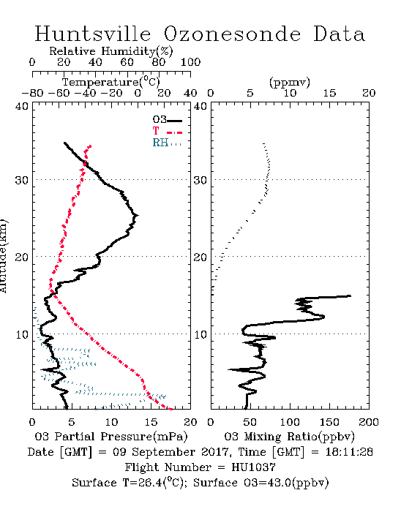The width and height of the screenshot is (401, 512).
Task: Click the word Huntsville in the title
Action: pyautogui.click(x=93, y=34)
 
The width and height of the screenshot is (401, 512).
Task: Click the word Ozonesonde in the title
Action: pyautogui.click(x=231, y=34)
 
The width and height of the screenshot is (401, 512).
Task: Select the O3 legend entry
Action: pyautogui.click(x=167, y=120)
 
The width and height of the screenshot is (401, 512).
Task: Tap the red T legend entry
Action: pyautogui.click(x=167, y=132)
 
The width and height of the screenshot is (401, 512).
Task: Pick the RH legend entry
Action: pyautogui.click(x=167, y=143)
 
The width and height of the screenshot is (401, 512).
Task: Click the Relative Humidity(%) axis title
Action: pyautogui.click(x=110, y=51)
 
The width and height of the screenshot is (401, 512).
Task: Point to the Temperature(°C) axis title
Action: pyautogui.click(x=110, y=82)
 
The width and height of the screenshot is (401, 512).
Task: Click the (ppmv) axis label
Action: pyautogui.click(x=289, y=82)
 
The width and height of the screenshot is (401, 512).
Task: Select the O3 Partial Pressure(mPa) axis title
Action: pyautogui.click(x=111, y=437)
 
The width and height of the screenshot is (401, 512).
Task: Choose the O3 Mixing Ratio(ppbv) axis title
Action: pyautogui.click(x=289, y=437)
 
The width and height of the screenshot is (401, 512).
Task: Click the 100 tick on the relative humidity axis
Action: pyautogui.click(x=190, y=62)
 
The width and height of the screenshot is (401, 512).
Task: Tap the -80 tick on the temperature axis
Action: pyautogui.click(x=32, y=93)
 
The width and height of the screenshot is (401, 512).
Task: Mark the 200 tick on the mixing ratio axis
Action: pyautogui.click(x=369, y=422)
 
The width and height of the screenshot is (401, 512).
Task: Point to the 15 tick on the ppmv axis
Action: pyautogui.click(x=329, y=93)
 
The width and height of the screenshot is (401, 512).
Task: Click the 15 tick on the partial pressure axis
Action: pyautogui.click(x=151, y=422)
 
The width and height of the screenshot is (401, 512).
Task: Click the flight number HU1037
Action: pyautogui.click(x=253, y=467)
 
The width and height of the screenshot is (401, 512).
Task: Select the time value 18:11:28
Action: pyautogui.click(x=349, y=452)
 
